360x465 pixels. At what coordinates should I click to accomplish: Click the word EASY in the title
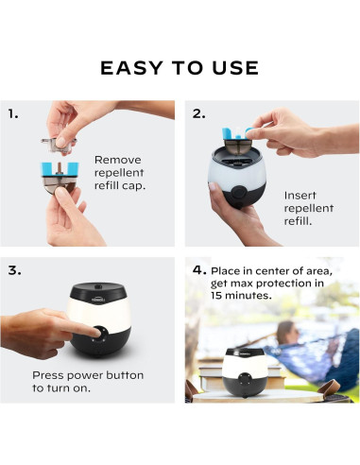(131, 68)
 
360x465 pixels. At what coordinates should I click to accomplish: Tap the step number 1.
(13, 113)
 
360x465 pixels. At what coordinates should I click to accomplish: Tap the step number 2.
(198, 113)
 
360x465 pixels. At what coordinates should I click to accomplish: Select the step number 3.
(15, 270)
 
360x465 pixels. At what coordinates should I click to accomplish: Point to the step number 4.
(199, 269)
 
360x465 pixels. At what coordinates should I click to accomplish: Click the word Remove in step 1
(118, 160)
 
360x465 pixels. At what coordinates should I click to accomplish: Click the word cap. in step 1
(133, 185)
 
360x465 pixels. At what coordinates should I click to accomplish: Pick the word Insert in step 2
(300, 196)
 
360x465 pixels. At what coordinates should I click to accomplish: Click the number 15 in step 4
(216, 295)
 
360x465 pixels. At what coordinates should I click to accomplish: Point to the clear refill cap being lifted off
(60, 144)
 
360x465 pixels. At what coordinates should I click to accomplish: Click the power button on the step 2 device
(238, 193)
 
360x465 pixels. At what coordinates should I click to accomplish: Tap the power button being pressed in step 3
(101, 334)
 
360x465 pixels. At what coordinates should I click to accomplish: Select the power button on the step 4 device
(244, 377)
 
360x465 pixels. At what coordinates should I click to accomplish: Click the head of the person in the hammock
(286, 332)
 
